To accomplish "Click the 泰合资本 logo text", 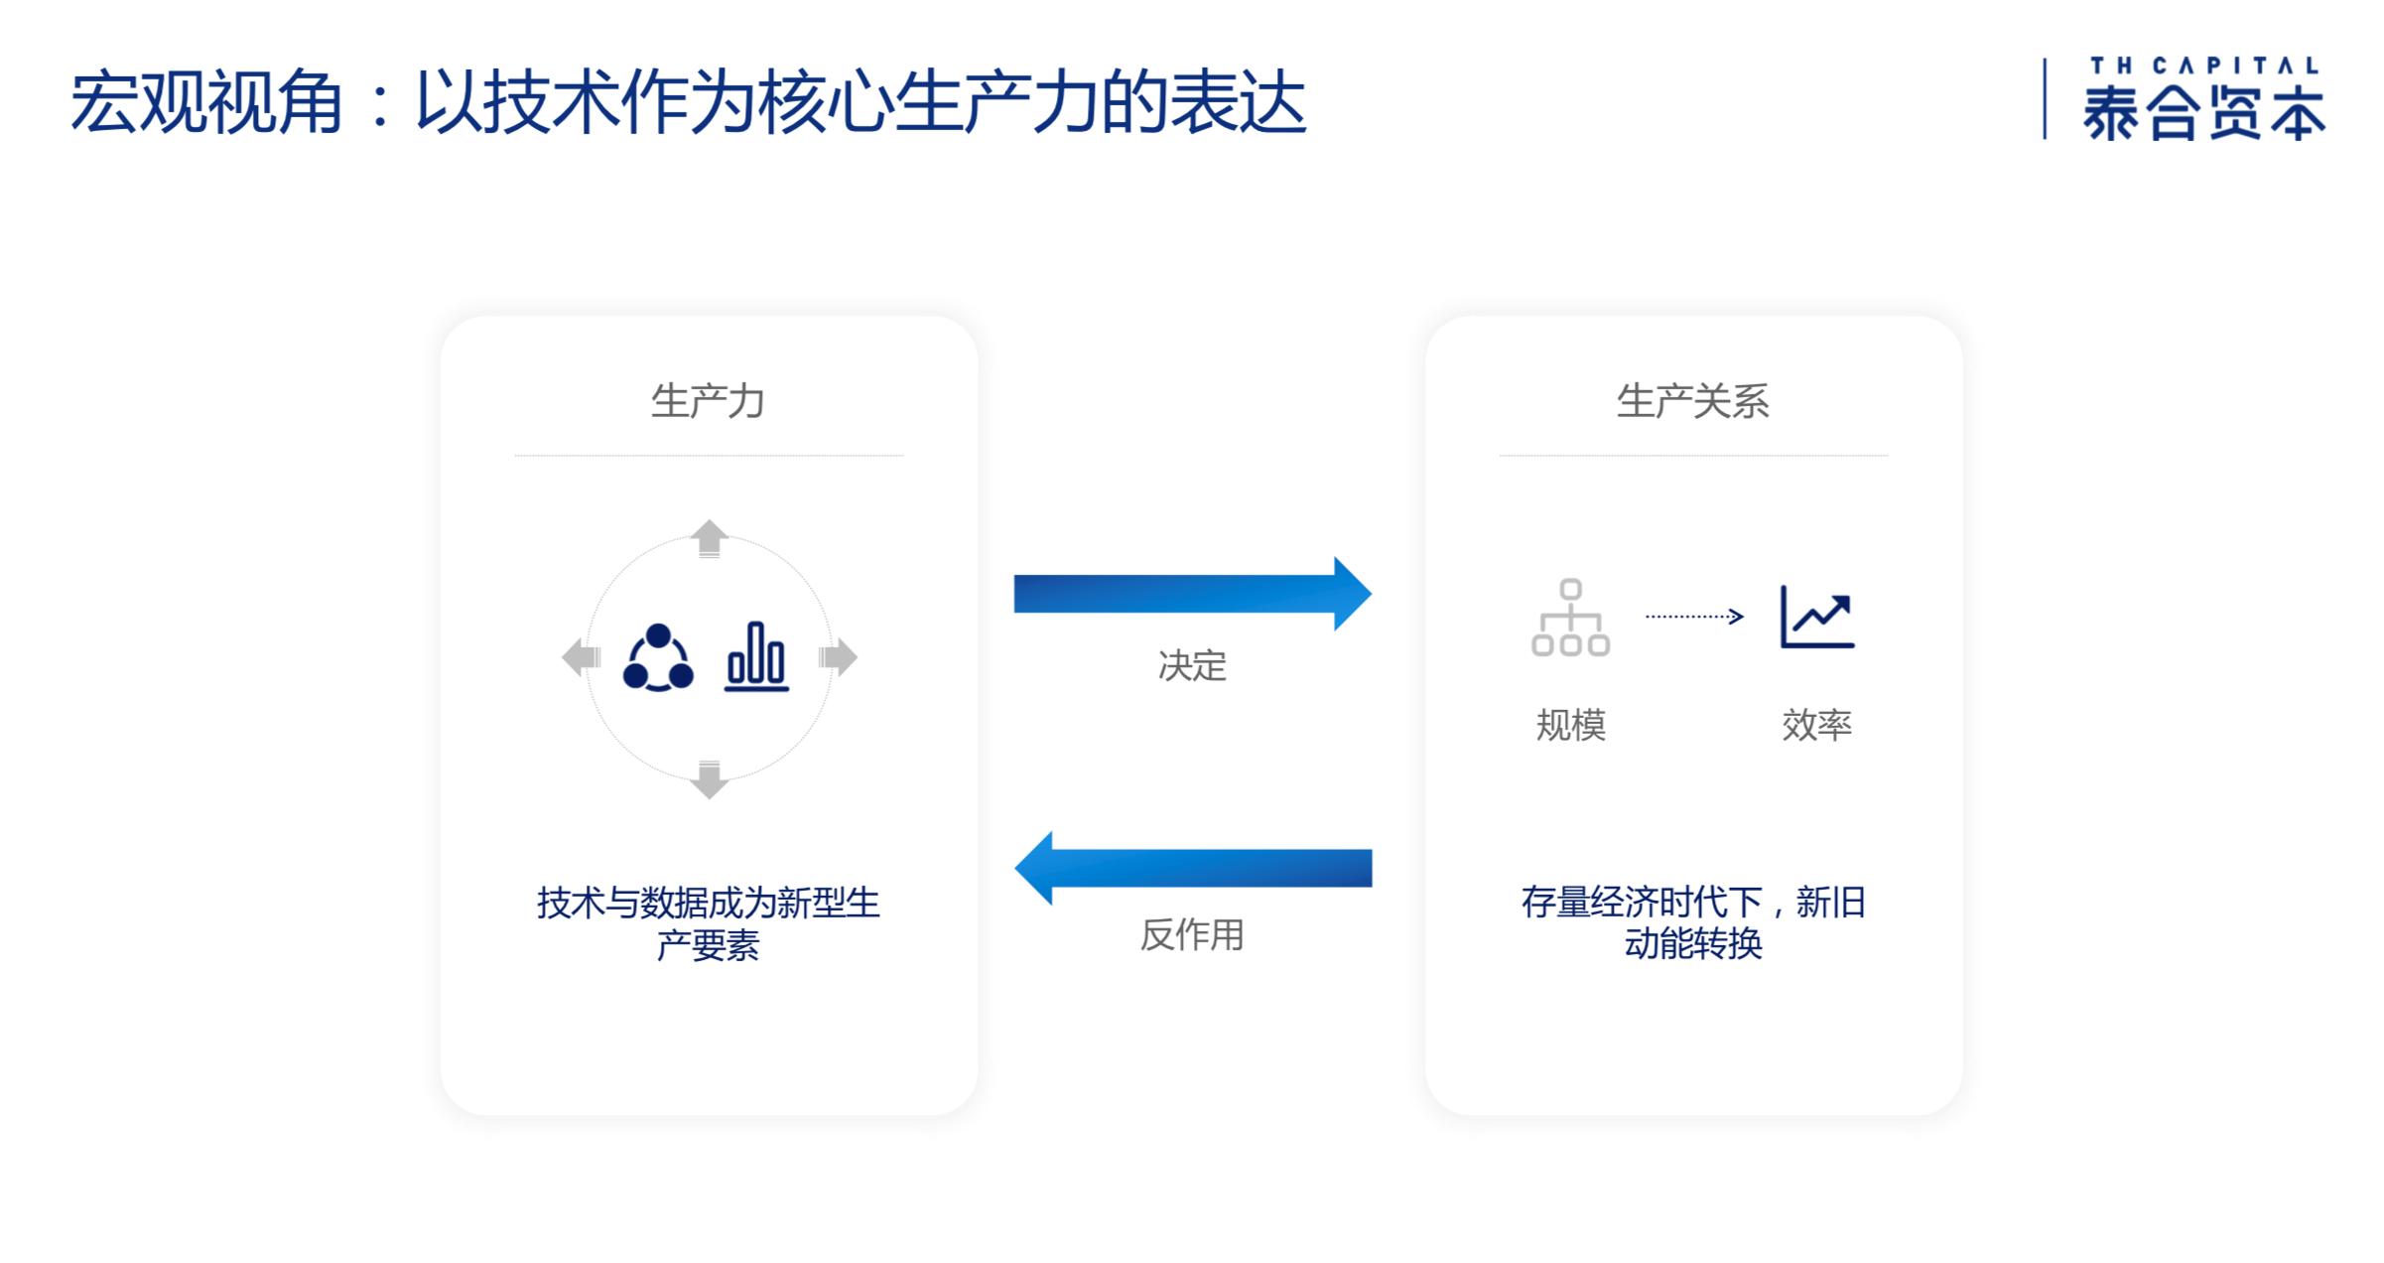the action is pos(2203,112).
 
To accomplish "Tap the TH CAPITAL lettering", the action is pos(2203,66).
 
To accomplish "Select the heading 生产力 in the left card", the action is pos(708,401).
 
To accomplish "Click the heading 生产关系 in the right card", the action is pos(1693,401).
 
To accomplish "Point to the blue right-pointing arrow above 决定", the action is pos(1192,594).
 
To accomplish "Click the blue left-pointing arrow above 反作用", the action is pos(1192,868).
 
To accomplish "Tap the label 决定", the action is pos(1192,665).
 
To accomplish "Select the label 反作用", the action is pos(1191,934).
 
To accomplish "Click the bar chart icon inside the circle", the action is pos(756,656).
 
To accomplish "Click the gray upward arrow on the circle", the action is pos(709,538).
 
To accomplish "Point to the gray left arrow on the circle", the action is pos(582,657).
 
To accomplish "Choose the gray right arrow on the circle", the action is pos(838,657).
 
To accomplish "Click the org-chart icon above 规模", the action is pos(1570,618).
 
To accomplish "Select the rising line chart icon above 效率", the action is pos(1817,617).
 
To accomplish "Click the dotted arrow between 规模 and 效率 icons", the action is pos(1694,617).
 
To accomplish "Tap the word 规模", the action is pos(1570,725).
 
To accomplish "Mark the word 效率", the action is pos(1816,725).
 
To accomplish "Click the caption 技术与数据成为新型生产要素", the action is pos(708,923).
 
